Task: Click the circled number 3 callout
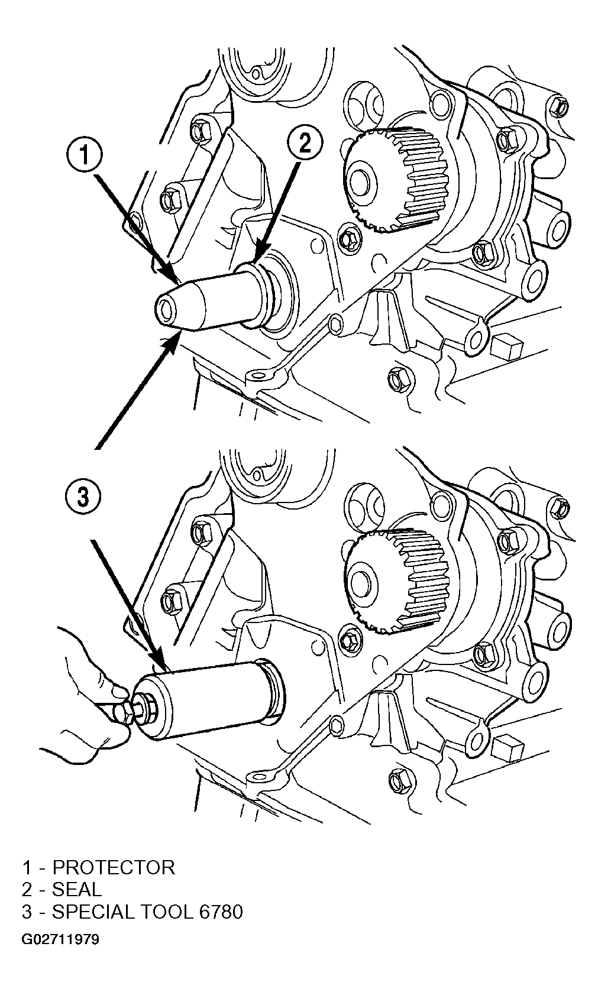point(83,498)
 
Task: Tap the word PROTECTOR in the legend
point(114,867)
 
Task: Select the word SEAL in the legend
point(77,889)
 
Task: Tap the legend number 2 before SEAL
point(27,889)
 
